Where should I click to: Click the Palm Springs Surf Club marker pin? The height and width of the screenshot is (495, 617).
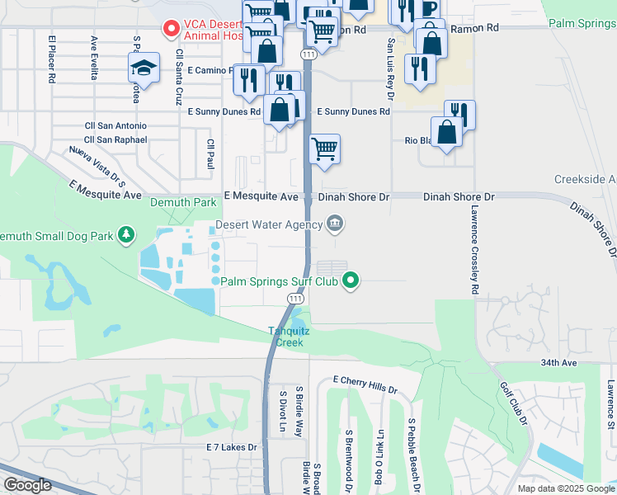tap(351, 280)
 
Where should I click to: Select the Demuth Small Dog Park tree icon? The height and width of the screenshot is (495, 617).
tap(126, 236)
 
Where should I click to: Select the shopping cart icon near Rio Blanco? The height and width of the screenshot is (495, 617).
tap(325, 149)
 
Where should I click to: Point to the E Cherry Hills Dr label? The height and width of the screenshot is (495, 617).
tap(365, 384)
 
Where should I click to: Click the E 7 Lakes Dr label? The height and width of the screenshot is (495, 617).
tap(232, 447)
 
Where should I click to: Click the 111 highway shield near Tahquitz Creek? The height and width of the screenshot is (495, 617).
tap(295, 297)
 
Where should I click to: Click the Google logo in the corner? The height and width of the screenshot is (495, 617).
tap(27, 485)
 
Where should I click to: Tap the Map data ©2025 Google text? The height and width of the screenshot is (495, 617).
tap(566, 488)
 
